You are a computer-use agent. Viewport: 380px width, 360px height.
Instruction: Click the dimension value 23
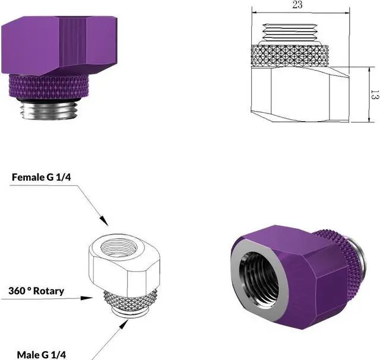click(297, 5)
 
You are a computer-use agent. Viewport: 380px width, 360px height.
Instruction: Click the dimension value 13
click(375, 94)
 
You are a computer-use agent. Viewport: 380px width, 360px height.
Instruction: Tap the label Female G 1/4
click(42, 177)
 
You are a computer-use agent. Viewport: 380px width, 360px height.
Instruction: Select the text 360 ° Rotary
click(36, 290)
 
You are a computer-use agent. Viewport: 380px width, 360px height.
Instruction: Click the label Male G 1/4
click(42, 355)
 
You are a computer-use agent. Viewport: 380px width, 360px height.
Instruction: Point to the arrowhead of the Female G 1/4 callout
click(104, 220)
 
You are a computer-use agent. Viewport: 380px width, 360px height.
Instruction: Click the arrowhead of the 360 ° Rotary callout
click(87, 298)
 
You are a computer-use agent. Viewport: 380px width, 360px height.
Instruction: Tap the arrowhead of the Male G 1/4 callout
click(124, 324)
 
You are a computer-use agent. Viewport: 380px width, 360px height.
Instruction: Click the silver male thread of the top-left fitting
click(49, 110)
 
